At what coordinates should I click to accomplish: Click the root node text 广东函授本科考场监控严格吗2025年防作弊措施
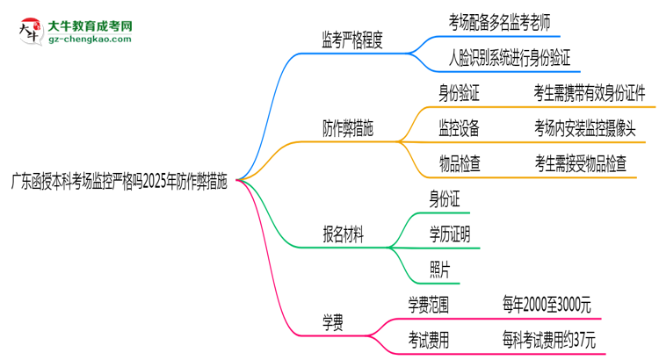click(118, 184)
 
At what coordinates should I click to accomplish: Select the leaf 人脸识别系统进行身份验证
click(510, 59)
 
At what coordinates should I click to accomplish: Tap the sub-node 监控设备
click(459, 127)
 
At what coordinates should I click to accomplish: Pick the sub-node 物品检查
click(459, 162)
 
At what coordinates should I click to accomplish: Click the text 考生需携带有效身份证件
click(589, 91)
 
